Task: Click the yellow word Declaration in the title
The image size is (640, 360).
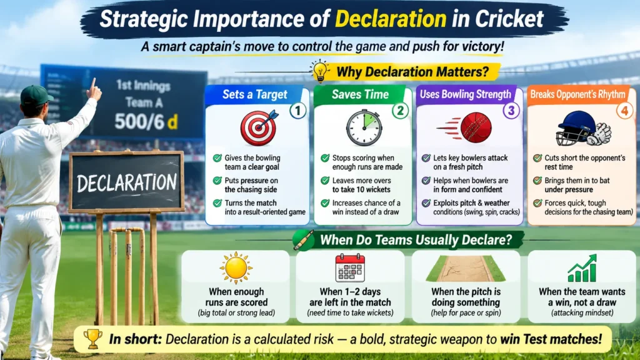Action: tap(391, 19)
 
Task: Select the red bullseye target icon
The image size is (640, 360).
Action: tap(259, 128)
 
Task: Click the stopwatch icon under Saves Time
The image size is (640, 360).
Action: tap(364, 127)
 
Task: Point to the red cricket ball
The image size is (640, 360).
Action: tap(475, 127)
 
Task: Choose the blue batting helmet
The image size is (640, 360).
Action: tap(574, 127)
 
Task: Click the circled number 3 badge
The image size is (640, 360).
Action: tap(511, 110)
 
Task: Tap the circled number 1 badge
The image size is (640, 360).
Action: tap(297, 111)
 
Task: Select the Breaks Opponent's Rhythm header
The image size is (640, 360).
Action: tap(577, 95)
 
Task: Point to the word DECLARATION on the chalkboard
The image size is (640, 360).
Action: tap(126, 183)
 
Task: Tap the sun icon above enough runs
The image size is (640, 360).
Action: tap(236, 267)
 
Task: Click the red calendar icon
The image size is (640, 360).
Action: tap(350, 267)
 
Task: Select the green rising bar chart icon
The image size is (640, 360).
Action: tap(582, 269)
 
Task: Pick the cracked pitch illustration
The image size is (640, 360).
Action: tap(466, 269)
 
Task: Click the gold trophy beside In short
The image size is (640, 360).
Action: tap(93, 339)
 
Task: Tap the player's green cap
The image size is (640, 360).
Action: tap(36, 96)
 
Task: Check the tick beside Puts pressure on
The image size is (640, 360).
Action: tap(217, 181)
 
